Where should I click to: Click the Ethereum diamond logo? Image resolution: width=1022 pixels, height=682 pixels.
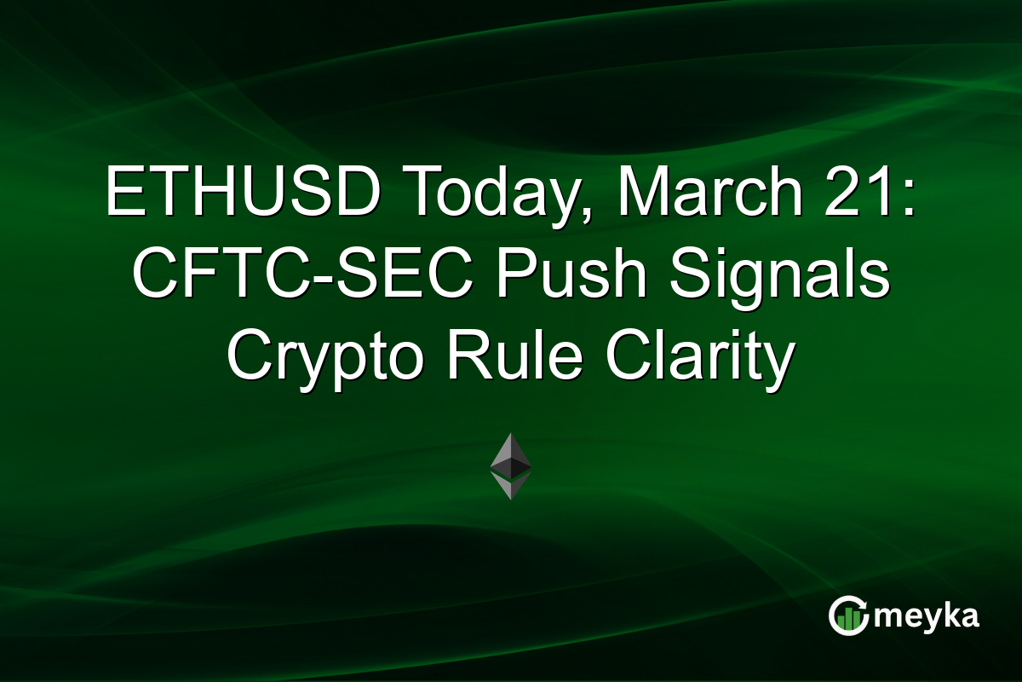[511, 465]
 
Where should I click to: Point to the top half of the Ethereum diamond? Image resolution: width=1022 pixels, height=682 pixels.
[511, 452]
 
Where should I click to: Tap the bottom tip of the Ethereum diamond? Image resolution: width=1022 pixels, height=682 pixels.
[511, 498]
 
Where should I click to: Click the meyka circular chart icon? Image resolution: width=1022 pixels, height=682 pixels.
[847, 616]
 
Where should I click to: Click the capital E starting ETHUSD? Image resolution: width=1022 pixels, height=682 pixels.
[122, 194]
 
